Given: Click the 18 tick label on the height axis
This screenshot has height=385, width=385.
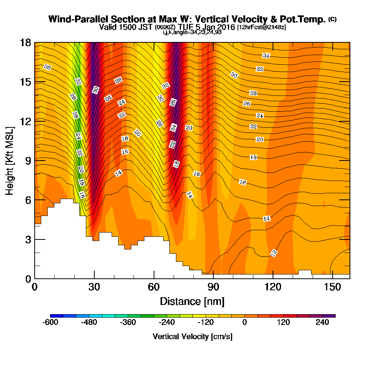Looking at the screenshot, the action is click(x=25, y=43).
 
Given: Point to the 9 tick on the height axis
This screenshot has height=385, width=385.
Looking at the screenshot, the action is click(x=40, y=161).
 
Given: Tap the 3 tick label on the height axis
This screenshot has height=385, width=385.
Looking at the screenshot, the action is click(x=28, y=239).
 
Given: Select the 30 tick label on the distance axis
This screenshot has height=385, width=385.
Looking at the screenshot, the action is click(x=94, y=287).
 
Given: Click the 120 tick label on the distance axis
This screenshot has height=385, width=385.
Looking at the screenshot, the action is click(x=273, y=287).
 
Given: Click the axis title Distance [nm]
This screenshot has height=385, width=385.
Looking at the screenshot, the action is click(x=192, y=301).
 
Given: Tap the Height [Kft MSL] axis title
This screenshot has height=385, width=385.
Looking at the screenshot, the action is click(x=10, y=161).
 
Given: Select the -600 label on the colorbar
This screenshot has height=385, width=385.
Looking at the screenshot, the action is click(x=50, y=322).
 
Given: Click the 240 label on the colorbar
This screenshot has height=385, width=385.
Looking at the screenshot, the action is click(x=322, y=322).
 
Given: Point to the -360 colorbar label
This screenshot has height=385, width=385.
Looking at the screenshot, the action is click(x=128, y=322).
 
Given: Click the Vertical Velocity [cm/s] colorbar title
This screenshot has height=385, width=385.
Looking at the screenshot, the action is click(x=192, y=336).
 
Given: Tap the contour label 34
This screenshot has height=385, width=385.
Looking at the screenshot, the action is click(x=266, y=56).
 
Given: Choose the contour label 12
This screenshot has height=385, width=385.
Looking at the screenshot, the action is click(x=274, y=253).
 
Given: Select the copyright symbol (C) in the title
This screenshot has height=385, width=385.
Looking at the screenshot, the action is click(x=333, y=19).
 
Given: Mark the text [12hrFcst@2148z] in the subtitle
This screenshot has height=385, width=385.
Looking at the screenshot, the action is click(x=261, y=27).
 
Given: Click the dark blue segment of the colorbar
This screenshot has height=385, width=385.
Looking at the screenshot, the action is click(x=57, y=316).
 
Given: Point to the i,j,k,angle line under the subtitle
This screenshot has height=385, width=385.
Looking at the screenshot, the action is click(x=192, y=32).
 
